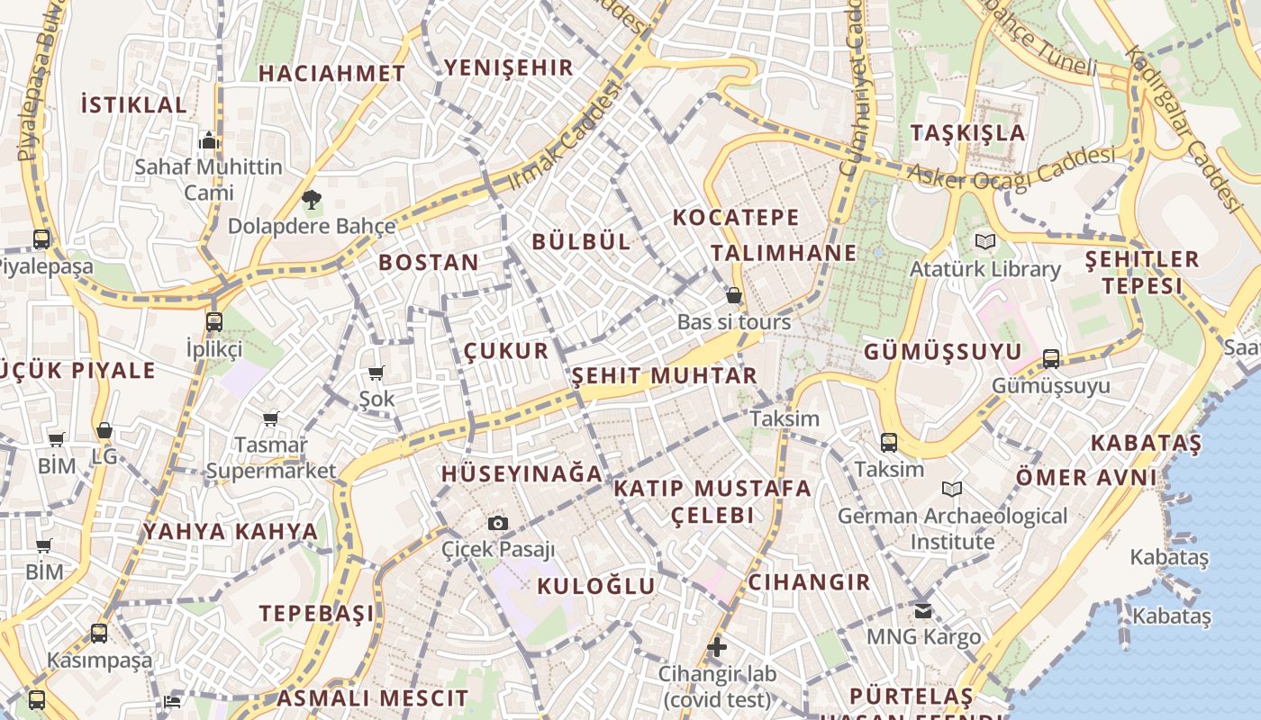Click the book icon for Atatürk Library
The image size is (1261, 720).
(985, 241)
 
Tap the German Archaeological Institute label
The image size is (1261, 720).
(952, 528)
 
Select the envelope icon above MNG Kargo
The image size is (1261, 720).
(923, 610)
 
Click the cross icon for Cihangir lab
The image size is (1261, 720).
(717, 646)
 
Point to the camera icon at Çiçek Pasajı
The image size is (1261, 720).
(497, 523)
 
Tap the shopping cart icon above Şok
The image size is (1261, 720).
(376, 373)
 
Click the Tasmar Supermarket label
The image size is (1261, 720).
(271, 457)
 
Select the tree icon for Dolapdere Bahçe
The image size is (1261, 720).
(312, 200)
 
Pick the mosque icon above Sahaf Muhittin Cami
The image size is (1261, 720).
(209, 140)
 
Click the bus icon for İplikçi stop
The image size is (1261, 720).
(214, 321)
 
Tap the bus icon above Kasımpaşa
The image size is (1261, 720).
(99, 633)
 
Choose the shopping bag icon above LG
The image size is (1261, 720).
(104, 431)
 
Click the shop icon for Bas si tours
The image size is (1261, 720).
(734, 295)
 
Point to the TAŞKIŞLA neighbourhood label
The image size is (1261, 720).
(967, 133)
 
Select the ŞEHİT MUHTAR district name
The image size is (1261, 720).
(664, 375)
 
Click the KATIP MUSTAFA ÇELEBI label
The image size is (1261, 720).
(712, 501)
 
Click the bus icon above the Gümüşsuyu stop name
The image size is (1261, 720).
(1050, 358)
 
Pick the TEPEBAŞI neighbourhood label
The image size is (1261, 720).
(316, 614)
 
